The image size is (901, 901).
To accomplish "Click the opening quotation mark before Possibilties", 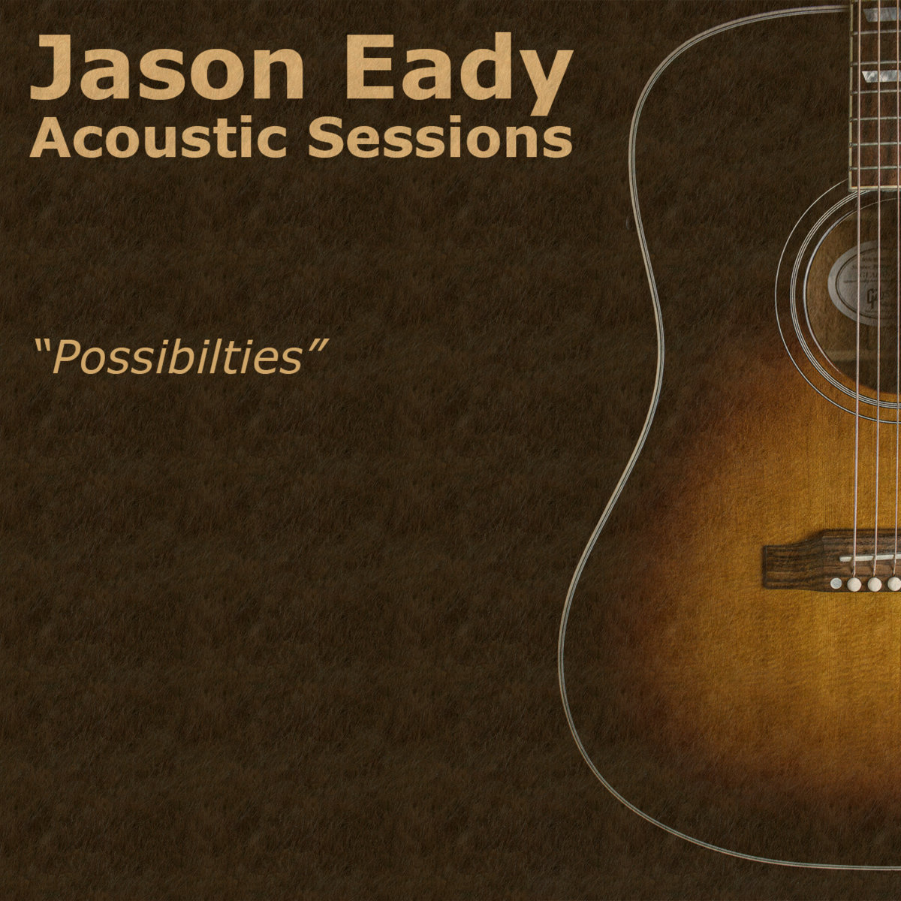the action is [42, 346].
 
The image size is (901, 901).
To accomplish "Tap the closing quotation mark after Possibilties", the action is [315, 346].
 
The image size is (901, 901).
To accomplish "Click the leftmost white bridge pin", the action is [835, 583].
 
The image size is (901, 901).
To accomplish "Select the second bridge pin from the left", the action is [854, 583].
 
